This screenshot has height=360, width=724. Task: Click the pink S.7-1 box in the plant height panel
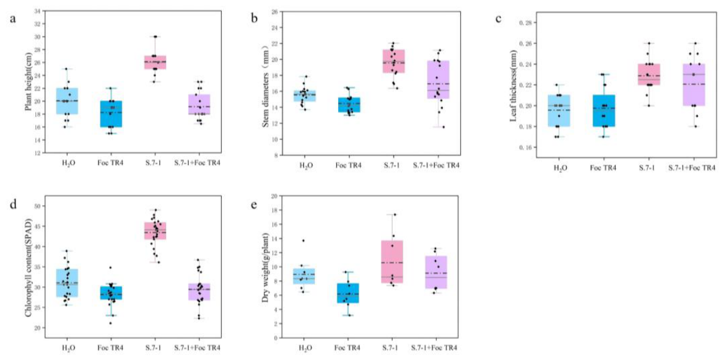tap(155, 62)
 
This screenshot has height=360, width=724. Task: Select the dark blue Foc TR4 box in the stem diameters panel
tap(349, 105)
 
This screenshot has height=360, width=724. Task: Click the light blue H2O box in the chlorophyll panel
tap(67, 283)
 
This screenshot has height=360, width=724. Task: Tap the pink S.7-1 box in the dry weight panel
tap(393, 261)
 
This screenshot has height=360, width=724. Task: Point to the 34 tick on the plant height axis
tap(38, 11)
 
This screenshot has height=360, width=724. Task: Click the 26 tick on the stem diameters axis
tap(274, 12)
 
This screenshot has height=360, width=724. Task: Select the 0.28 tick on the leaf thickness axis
tap(525, 22)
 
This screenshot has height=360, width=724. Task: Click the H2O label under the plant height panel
tap(67, 162)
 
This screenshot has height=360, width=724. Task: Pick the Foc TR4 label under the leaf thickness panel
tap(605, 168)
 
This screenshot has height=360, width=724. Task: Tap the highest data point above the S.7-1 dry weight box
tap(395, 215)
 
